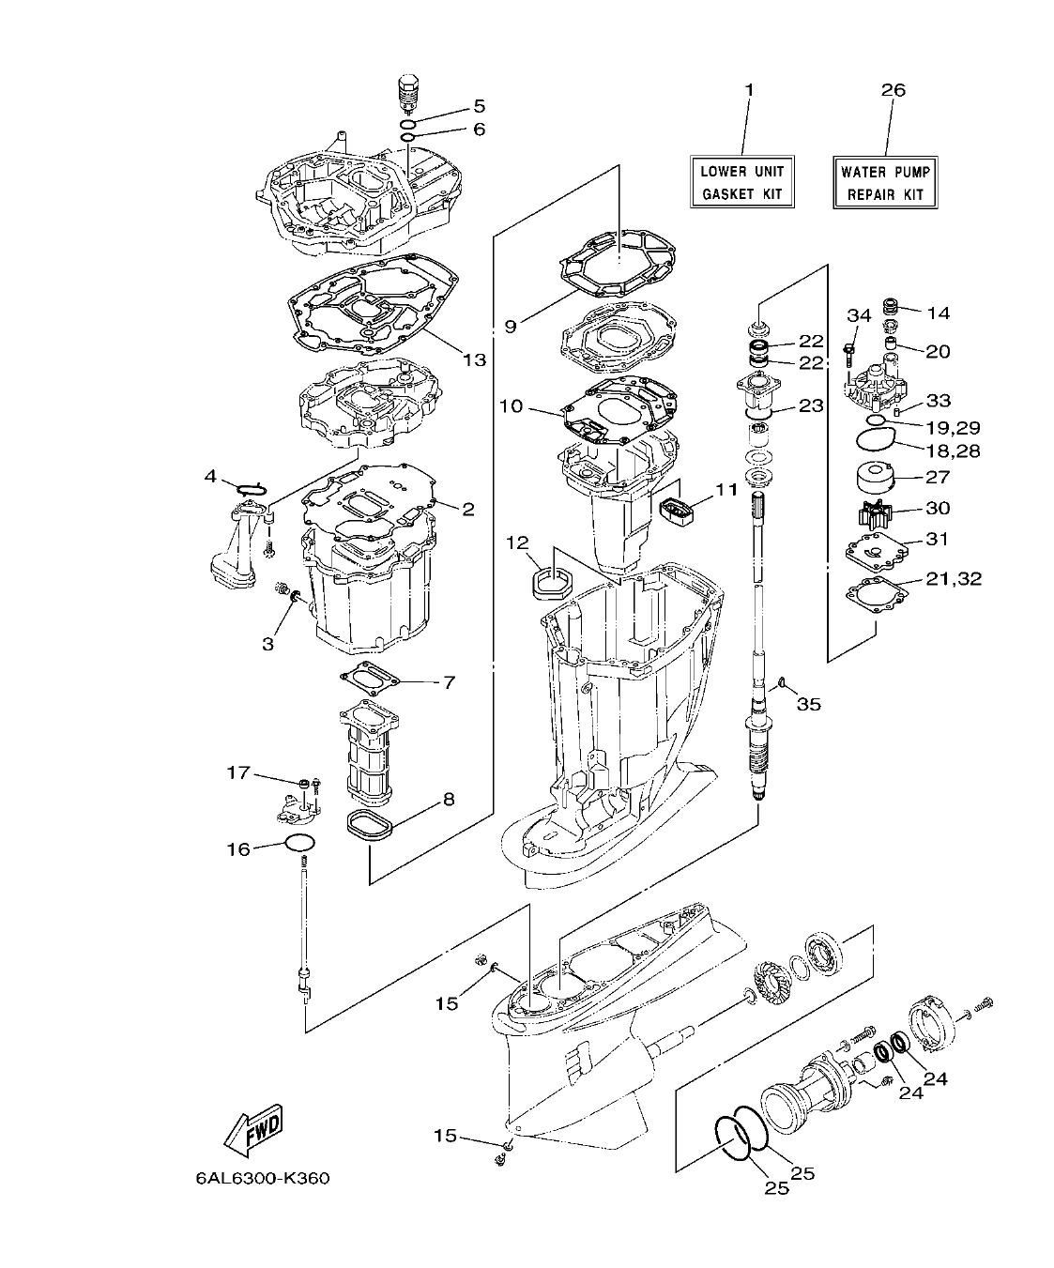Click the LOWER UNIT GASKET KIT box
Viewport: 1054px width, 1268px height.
741,183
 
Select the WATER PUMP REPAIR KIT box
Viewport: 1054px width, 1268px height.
885,183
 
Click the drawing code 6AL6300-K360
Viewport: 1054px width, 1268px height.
256,1178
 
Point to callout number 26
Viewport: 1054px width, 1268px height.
894,90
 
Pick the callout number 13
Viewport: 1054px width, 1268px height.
475,359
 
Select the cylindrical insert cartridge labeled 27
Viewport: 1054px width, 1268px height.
876,478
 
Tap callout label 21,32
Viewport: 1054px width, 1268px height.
955,578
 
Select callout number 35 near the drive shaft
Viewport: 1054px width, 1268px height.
808,703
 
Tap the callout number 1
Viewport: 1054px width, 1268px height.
749,90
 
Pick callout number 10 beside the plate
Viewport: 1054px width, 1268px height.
511,406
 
